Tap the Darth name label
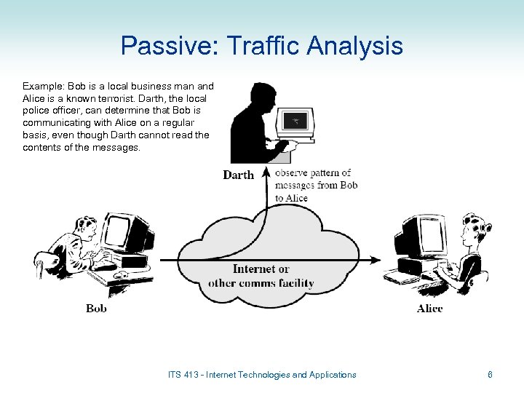tap(238, 175)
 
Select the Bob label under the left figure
tap(96, 308)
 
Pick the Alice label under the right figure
tap(429, 308)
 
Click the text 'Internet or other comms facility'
tap(261, 276)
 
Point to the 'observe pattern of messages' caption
tap(316, 185)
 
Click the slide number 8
tap(490, 375)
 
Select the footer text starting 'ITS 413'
tap(262, 375)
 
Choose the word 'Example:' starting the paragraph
tap(43, 85)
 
